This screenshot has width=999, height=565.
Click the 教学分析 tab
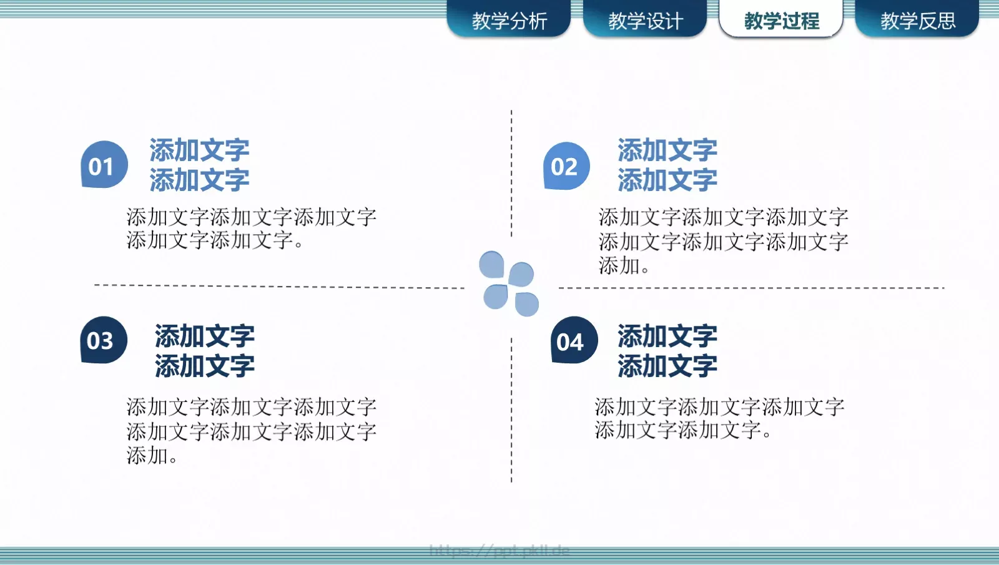pyautogui.click(x=509, y=21)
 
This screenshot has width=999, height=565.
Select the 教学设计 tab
pyautogui.click(x=645, y=21)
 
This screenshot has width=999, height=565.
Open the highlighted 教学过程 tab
pyautogui.click(x=781, y=21)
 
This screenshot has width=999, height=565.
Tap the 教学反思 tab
pyautogui.click(x=917, y=21)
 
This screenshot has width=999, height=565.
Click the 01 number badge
pyautogui.click(x=104, y=165)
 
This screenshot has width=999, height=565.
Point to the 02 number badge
pyautogui.click(x=566, y=166)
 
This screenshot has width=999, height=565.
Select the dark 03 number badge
pyautogui.click(x=103, y=340)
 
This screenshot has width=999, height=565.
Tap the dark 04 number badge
pyautogui.click(x=573, y=341)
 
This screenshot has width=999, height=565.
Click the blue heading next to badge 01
pyautogui.click(x=199, y=165)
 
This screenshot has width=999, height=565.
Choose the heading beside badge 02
pyautogui.click(x=667, y=165)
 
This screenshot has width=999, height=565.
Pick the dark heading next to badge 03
pyautogui.click(x=205, y=351)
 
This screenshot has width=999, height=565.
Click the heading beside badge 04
pyautogui.click(x=667, y=351)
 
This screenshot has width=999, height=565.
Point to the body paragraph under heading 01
pyautogui.click(x=251, y=228)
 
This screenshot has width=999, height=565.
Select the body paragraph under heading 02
pyautogui.click(x=723, y=241)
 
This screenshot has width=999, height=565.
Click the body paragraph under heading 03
pyautogui.click(x=251, y=431)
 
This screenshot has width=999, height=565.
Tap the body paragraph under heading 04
pyautogui.click(x=719, y=418)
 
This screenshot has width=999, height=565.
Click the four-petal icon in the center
pyautogui.click(x=509, y=284)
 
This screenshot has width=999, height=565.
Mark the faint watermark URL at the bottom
pyautogui.click(x=499, y=550)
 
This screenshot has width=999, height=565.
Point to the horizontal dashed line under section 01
pyautogui.click(x=279, y=286)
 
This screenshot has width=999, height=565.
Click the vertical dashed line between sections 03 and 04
pyautogui.click(x=511, y=409)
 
